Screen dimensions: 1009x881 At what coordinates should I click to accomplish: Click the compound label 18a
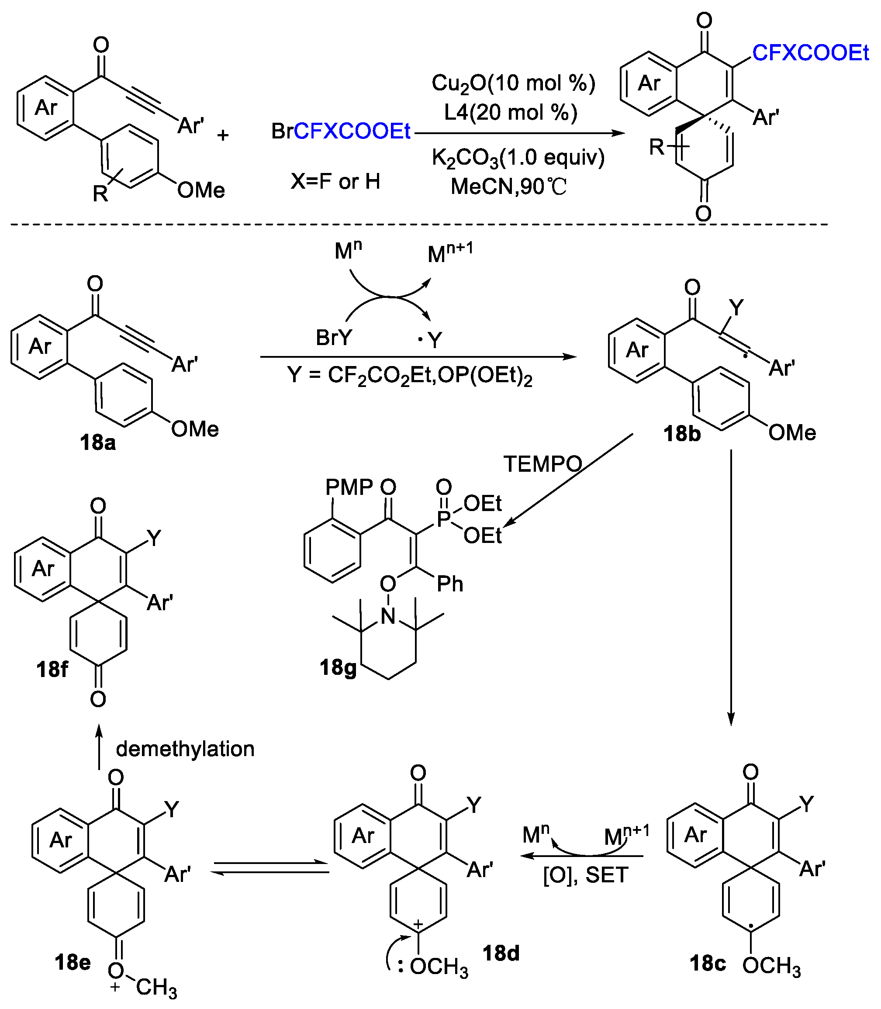(x=98, y=442)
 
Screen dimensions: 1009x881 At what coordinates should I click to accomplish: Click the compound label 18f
(x=52, y=669)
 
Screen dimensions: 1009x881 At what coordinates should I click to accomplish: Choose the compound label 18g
(x=338, y=667)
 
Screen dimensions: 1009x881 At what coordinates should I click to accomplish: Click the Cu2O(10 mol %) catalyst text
(x=513, y=83)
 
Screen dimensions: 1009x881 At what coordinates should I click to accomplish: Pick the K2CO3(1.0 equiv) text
(x=518, y=158)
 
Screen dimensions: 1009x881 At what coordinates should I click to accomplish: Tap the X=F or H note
(x=335, y=181)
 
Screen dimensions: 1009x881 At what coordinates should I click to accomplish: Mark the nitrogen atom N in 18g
(x=388, y=615)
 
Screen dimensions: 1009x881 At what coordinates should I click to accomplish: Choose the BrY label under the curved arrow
(x=334, y=338)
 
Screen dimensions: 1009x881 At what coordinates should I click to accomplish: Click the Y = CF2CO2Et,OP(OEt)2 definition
(x=410, y=376)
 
